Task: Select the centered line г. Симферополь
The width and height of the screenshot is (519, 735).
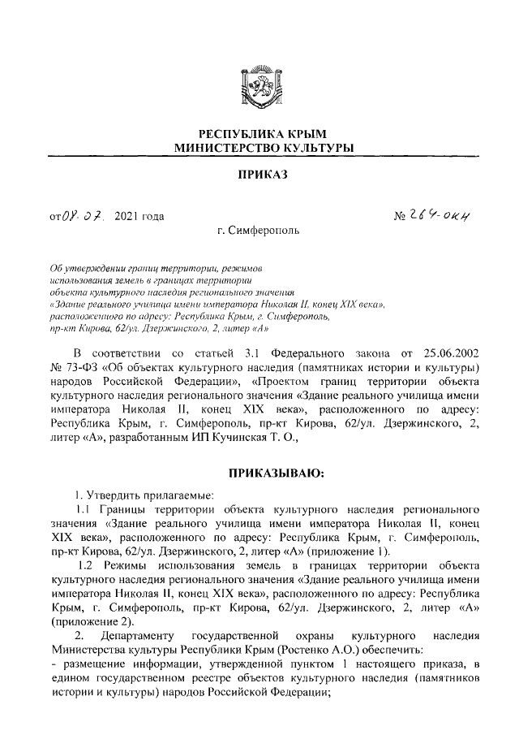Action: pos(259,230)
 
